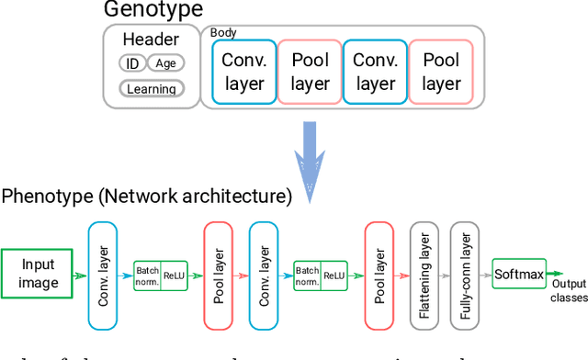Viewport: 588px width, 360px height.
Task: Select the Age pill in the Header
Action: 165,63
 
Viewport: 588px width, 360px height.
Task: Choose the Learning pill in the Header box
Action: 152,89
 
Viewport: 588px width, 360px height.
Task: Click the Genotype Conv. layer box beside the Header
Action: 243,72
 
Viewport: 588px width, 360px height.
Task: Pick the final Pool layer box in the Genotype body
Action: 440,72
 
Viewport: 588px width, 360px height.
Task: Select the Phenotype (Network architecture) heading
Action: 147,196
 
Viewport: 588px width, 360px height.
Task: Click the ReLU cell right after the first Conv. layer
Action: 175,275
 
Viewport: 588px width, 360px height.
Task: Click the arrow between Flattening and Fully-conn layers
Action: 444,274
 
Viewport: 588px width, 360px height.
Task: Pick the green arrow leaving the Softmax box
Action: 557,273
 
